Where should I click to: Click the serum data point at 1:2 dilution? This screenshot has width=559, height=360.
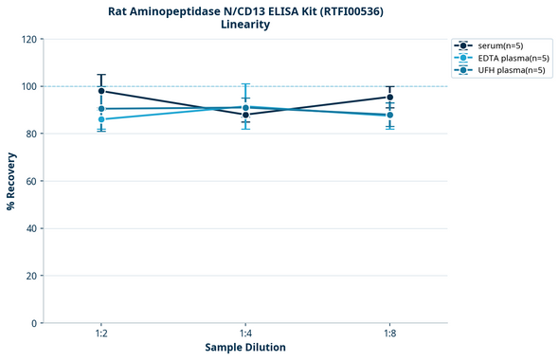[x=101, y=91]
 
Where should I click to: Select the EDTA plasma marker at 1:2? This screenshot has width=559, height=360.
[x=101, y=119]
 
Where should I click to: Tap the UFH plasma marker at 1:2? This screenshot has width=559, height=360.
[x=101, y=109]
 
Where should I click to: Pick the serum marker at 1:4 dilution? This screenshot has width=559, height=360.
[x=245, y=115]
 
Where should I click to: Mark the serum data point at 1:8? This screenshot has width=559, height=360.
[x=390, y=97]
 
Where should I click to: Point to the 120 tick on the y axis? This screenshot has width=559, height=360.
[x=28, y=39]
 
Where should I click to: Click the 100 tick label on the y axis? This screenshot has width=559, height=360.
[x=28, y=86]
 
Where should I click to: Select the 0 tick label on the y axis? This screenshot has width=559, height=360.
[x=34, y=323]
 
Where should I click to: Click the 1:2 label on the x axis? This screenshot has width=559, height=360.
[x=101, y=334]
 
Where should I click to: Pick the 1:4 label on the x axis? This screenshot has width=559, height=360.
[x=245, y=334]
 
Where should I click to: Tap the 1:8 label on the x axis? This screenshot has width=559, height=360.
[x=390, y=334]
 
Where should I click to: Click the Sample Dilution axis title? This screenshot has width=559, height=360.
[x=245, y=348]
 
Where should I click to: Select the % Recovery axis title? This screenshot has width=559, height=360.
[x=11, y=180]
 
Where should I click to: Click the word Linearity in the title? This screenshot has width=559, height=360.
[x=245, y=26]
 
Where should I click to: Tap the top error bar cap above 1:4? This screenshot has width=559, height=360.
[x=245, y=84]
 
